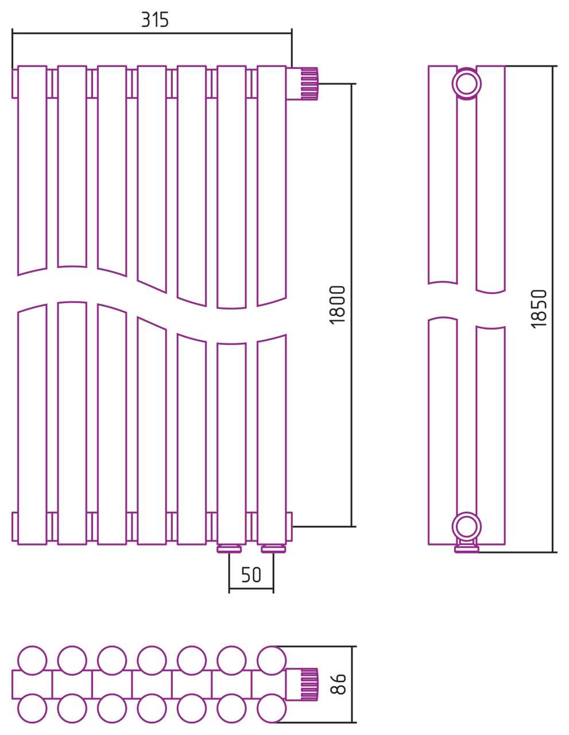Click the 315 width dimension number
[x=154, y=20]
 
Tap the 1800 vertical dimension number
[x=338, y=305]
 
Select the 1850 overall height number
[x=539, y=309]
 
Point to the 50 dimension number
[x=251, y=575]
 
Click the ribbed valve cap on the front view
[x=309, y=84]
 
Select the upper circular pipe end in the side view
[x=467, y=83]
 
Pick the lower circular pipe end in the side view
[x=467, y=527]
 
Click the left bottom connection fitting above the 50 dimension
[x=229, y=548]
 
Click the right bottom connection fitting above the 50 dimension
[x=273, y=548]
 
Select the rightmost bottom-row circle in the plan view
[x=272, y=708]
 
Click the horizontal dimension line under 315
[x=152, y=33]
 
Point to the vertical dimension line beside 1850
[x=553, y=309]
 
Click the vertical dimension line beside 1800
[x=351, y=305]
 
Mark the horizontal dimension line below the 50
[x=251, y=589]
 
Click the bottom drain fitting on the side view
[x=467, y=548]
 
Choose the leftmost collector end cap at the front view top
[x=14, y=83]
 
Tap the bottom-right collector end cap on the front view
[x=289, y=527]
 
